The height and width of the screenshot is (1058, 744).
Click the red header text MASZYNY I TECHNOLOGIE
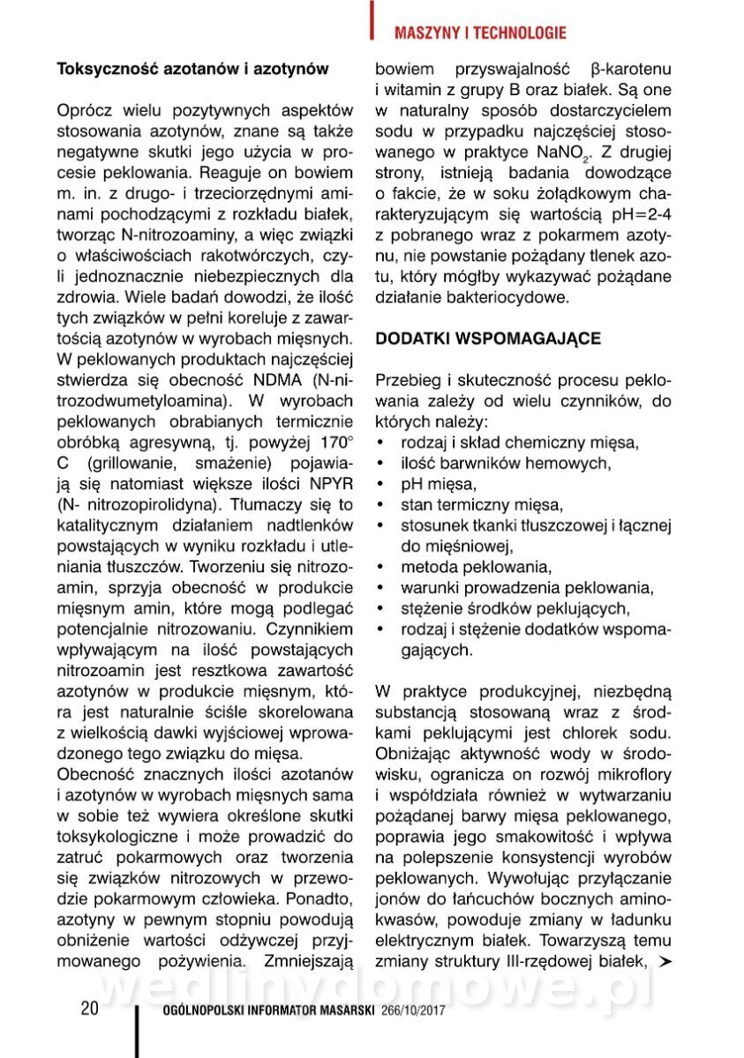point(479,34)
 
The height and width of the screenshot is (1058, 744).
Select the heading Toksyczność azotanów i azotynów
point(192,68)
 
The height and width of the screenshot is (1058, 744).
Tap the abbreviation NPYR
point(329,483)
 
